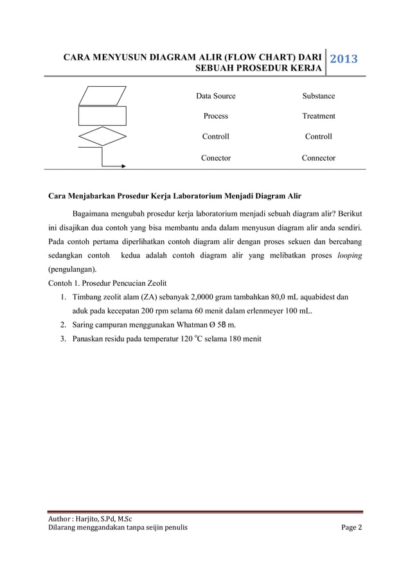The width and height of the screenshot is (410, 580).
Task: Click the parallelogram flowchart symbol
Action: (x=103, y=96)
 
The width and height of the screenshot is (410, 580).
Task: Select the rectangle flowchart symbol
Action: (x=102, y=116)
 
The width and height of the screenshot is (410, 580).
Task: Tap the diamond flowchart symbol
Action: (x=102, y=137)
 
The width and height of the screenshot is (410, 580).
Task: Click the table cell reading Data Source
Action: (x=216, y=96)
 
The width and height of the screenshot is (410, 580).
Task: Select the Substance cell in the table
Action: (x=319, y=96)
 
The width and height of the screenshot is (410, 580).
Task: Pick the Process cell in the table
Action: (x=216, y=116)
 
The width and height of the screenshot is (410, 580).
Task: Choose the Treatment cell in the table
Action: (x=319, y=116)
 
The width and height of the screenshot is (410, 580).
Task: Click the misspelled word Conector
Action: (x=216, y=157)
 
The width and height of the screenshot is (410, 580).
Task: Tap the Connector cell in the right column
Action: (x=319, y=157)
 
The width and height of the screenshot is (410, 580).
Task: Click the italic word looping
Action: (x=350, y=255)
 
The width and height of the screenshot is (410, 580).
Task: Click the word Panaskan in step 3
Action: (x=90, y=340)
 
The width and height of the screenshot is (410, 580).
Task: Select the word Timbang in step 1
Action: (x=88, y=297)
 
